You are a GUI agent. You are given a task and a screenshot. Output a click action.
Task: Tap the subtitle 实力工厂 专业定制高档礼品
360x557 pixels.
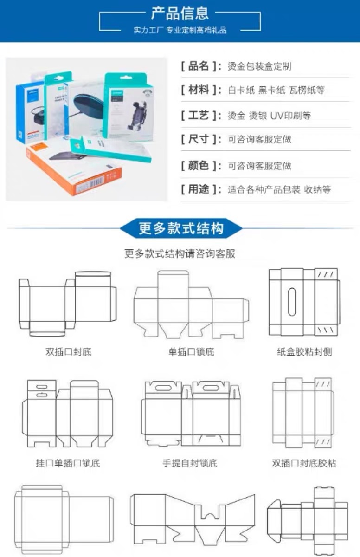180,31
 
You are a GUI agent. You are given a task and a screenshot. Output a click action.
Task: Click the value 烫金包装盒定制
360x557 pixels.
259,66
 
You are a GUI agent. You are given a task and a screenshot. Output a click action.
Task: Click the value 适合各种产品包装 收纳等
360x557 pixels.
279,189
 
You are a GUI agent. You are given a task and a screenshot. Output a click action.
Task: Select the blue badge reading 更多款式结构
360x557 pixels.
181,228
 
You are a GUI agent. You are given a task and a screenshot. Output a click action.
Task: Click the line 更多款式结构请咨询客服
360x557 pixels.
180,253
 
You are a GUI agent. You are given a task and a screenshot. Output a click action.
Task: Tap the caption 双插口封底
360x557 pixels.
68,351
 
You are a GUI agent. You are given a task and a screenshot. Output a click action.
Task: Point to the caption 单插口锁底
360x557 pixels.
191,351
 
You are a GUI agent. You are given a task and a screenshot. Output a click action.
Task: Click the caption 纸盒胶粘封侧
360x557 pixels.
304,351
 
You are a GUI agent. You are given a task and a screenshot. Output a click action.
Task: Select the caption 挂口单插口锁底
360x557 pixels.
68,463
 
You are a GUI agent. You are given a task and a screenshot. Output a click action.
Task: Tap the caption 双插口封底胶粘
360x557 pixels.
304,463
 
